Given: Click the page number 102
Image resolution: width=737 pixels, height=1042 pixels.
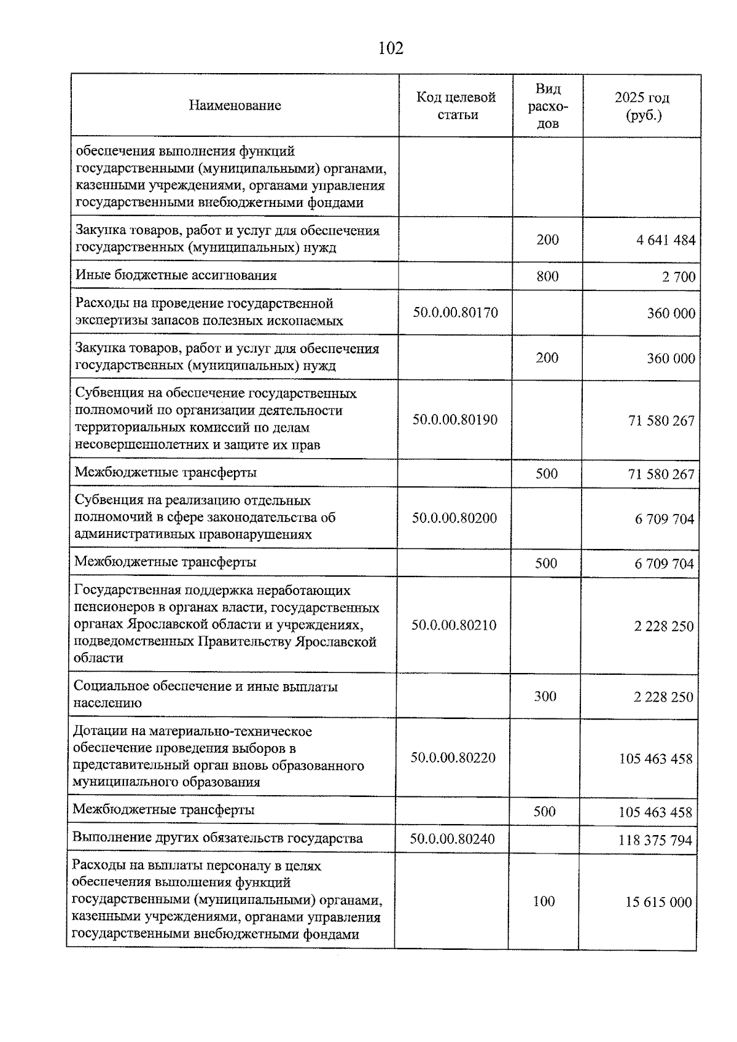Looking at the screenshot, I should [391, 48].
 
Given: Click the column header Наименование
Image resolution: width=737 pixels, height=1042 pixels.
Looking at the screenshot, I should [235, 106].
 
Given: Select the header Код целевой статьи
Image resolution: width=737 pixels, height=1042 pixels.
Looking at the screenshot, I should [456, 106].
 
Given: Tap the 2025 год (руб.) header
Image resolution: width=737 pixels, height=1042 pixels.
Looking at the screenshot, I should [642, 106].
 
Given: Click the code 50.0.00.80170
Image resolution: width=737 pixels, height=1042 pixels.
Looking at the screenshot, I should [455, 313].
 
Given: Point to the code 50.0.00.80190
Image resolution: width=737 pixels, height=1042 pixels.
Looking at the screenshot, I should [454, 420].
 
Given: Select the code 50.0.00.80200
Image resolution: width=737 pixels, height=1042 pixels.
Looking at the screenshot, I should [454, 518].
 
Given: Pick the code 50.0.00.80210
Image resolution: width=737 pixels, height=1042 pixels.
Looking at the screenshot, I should [454, 625].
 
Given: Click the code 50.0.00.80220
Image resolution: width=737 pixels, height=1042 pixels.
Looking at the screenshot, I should [453, 757].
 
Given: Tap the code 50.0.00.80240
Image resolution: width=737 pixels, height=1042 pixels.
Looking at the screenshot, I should [452, 839].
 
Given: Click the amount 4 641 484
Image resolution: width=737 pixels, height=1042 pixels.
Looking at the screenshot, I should [666, 240].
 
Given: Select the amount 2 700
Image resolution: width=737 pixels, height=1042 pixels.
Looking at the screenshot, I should [679, 277].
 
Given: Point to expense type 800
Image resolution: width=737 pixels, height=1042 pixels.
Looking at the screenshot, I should [547, 276].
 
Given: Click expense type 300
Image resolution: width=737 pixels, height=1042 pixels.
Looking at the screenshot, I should [545, 696].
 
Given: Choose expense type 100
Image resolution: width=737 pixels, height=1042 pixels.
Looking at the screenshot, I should [544, 901].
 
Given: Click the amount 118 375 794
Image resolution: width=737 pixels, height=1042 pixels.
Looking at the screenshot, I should [655, 840].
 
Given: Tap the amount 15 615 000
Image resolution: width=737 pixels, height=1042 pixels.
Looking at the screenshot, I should [658, 902].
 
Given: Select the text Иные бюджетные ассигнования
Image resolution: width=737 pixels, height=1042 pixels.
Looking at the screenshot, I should [176, 276].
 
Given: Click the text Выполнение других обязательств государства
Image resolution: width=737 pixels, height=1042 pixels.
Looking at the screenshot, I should [217, 838].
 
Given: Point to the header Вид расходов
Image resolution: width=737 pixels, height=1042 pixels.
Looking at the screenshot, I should [548, 106].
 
